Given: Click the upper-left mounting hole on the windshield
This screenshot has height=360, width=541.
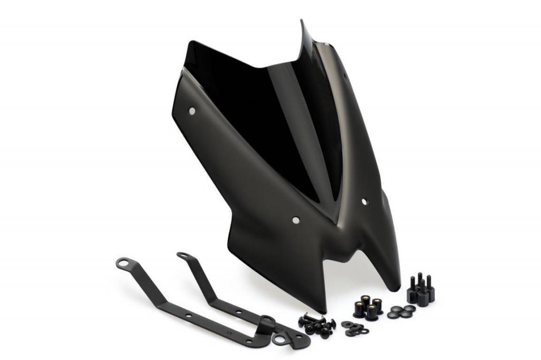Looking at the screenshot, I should [192, 110].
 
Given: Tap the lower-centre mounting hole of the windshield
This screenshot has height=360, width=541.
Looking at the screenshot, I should [295, 219].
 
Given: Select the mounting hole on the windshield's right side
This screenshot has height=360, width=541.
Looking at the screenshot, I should [364, 201].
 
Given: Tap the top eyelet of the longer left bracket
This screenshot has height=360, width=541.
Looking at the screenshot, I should [123, 262].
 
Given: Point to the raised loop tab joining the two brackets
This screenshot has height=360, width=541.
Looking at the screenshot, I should [266, 320].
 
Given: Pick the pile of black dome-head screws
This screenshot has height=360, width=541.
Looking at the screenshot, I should [317, 324].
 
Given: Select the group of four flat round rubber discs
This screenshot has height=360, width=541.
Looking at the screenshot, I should [401, 312].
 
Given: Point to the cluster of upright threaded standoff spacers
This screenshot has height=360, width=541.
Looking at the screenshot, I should [421, 289].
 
